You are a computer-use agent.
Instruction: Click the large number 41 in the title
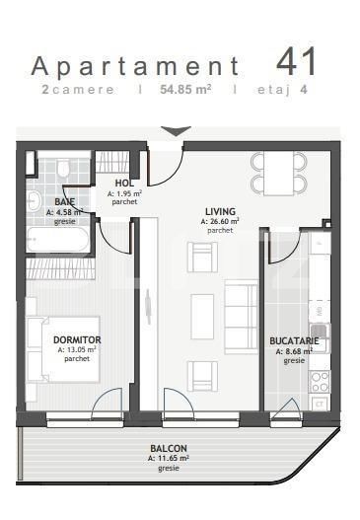point(298,61)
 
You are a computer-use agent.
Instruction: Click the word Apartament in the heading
point(136,66)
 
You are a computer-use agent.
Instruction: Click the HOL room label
point(124,184)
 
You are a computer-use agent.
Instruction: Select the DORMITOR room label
point(78,339)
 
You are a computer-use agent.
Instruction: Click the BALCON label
point(168,448)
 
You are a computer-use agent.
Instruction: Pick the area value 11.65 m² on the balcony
point(168,458)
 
